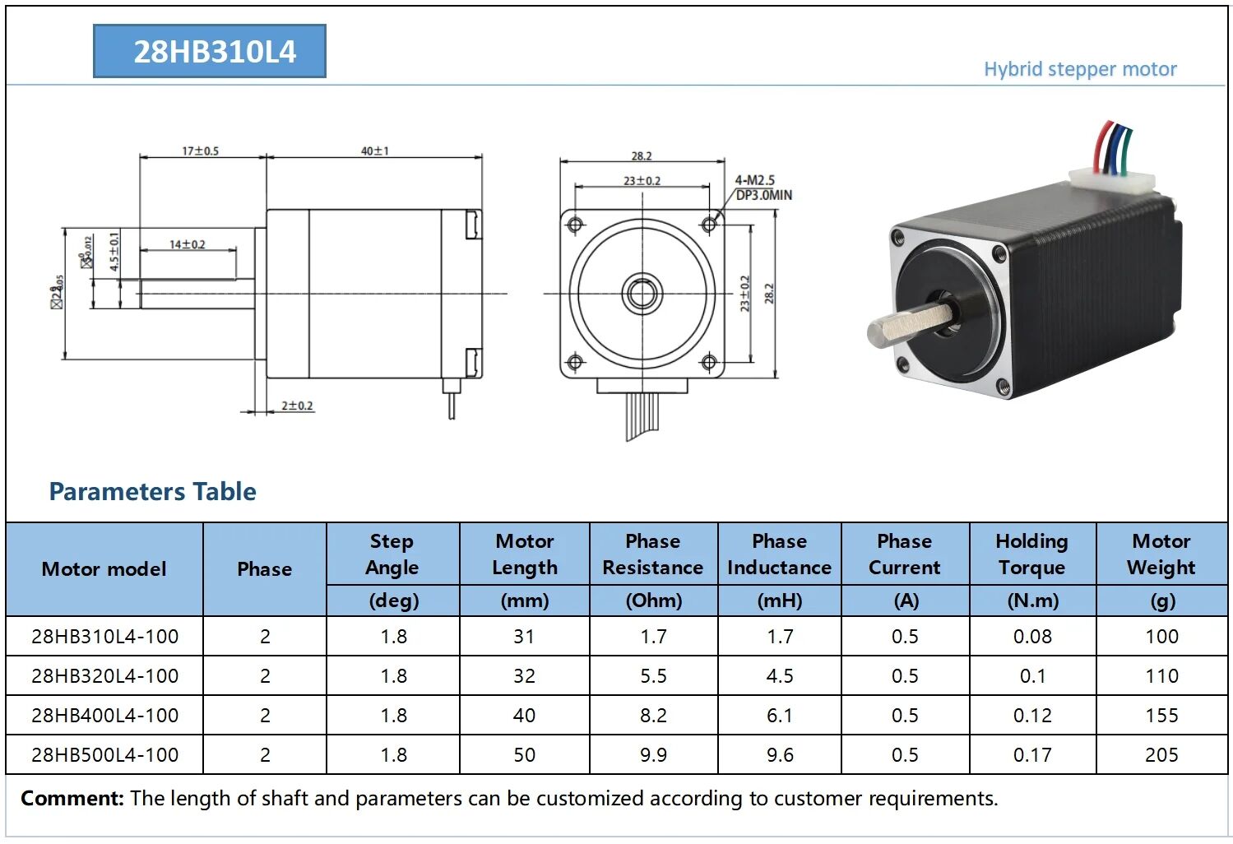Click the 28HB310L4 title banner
click(x=210, y=51)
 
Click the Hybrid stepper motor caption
click(x=1079, y=69)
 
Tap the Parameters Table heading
click(x=152, y=491)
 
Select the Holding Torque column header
click(x=1031, y=554)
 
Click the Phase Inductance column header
click(x=779, y=554)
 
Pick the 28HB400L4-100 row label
click(x=104, y=715)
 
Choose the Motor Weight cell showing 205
click(x=1161, y=754)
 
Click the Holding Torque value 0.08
click(x=1031, y=636)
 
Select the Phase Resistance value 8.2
click(x=653, y=715)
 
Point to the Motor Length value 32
click(x=524, y=675)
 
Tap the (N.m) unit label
click(x=1032, y=601)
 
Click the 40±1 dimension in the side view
click(x=374, y=151)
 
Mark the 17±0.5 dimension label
click(x=200, y=151)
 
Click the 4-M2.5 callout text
click(x=755, y=179)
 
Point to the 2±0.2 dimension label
click(x=297, y=406)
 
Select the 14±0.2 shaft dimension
click(x=187, y=244)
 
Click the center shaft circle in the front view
click(x=642, y=293)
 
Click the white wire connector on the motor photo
click(x=1110, y=181)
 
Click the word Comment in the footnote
click(x=72, y=798)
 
